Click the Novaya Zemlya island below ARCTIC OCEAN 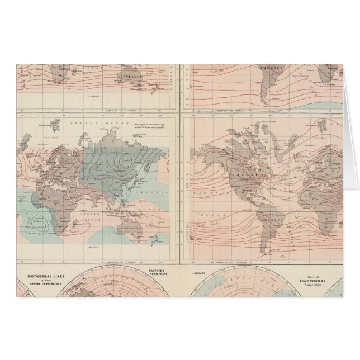tap(79, 134)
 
